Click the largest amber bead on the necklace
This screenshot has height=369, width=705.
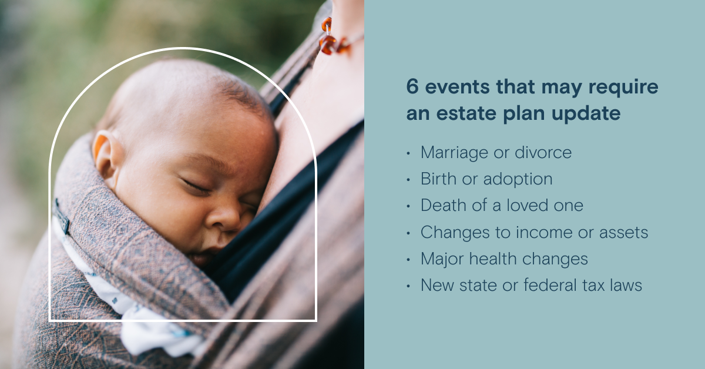(328, 45)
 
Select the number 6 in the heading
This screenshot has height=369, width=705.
(412, 86)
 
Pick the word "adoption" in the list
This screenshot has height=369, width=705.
(518, 179)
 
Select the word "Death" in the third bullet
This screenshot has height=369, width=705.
(444, 205)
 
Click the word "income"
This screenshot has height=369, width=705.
(544, 232)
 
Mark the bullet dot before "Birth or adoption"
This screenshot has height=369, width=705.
(408, 180)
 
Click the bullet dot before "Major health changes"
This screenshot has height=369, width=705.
(408, 260)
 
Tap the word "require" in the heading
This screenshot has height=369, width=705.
(623, 88)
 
